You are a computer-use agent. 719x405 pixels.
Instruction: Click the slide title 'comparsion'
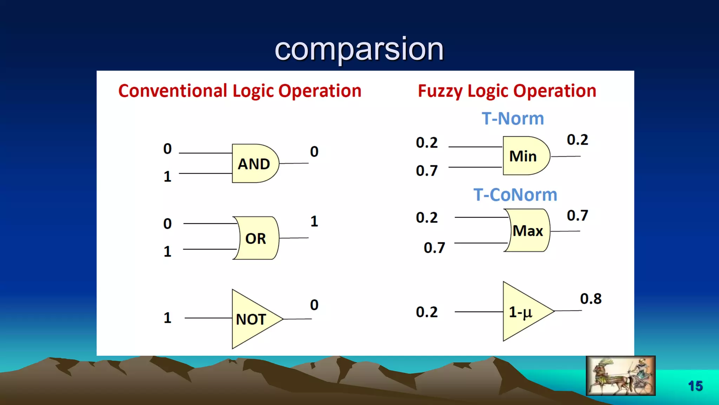click(x=359, y=49)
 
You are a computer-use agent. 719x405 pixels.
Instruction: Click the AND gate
click(x=255, y=163)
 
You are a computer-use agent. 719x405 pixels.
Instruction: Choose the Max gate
click(x=528, y=231)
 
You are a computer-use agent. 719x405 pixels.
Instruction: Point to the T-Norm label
click(x=513, y=118)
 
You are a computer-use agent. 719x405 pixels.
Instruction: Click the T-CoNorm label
click(x=515, y=195)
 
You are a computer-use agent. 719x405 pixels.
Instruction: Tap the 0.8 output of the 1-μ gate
click(x=591, y=299)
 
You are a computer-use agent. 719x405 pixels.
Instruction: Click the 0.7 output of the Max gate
click(x=577, y=216)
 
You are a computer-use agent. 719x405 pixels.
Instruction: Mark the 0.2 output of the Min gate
click(x=577, y=140)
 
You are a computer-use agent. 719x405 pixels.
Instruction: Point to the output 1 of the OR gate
click(x=314, y=221)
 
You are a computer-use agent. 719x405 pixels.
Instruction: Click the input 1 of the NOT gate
click(x=167, y=318)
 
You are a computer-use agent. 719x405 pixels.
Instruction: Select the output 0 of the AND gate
click(x=314, y=152)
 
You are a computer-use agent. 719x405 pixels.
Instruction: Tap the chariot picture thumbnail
click(x=620, y=375)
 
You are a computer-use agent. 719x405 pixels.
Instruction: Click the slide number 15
click(x=695, y=386)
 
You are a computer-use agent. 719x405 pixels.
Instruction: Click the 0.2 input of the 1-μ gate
click(x=427, y=312)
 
